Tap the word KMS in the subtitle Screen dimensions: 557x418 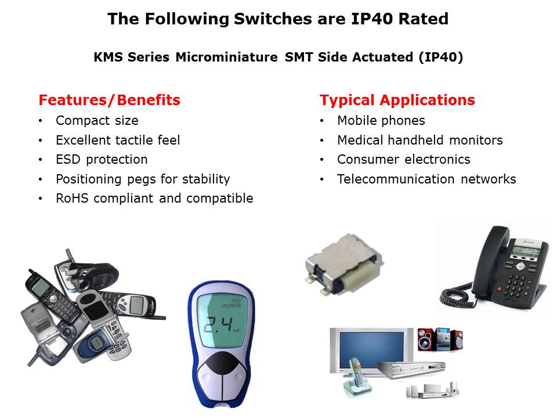coord(108,57)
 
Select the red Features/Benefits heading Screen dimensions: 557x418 coord(110,100)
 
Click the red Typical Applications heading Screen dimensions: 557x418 coord(397,100)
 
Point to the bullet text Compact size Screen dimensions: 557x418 coord(97,121)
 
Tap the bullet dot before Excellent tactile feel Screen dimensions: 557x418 coord(41,140)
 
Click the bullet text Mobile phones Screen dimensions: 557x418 coord(381,121)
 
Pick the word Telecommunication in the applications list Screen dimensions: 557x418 coord(396,179)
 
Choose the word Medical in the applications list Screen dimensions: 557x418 coord(360,140)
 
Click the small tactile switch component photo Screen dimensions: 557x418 coord(343,265)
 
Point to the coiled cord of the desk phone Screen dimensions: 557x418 coord(458,296)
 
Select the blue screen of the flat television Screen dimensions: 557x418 coord(371,349)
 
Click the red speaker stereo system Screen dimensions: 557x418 coord(440,339)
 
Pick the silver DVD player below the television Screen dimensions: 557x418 coord(412,370)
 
